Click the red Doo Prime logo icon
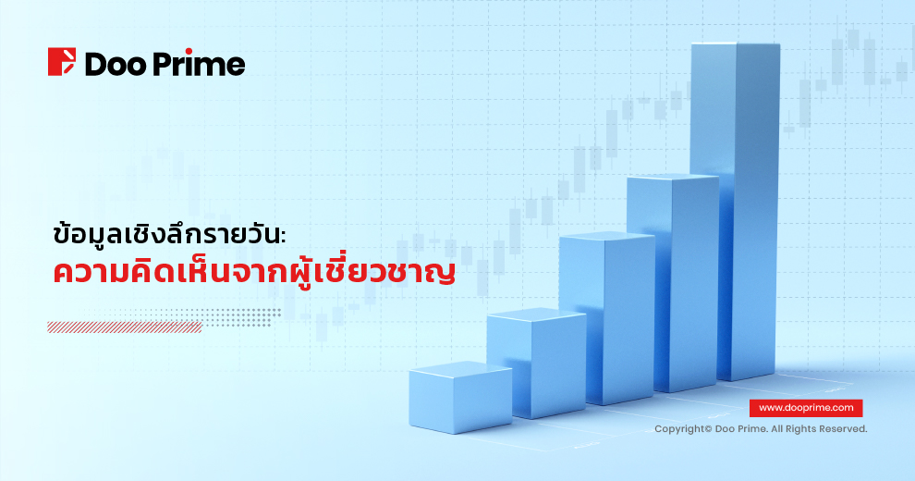[x=61, y=62]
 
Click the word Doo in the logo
[x=115, y=64]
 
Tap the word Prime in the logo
[x=199, y=63]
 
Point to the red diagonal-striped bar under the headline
[x=125, y=327]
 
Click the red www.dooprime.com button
[x=806, y=408]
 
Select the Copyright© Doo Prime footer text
[x=761, y=429]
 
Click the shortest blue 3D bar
[x=460, y=397]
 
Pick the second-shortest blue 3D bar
[x=536, y=363]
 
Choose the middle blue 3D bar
[x=607, y=317]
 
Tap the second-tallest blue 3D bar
[x=672, y=283]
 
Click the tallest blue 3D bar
[x=736, y=211]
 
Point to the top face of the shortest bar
[x=460, y=369]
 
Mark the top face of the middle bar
[x=607, y=236]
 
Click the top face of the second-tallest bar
[x=672, y=177]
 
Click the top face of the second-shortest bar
[x=536, y=314]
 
